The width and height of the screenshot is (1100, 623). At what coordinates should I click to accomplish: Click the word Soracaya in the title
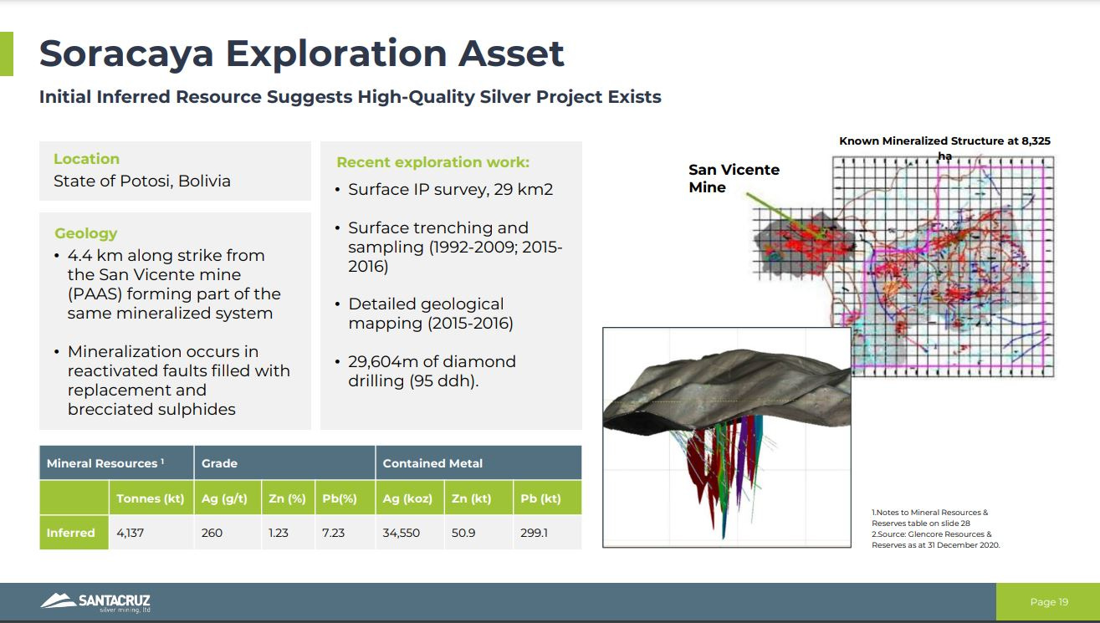point(126,54)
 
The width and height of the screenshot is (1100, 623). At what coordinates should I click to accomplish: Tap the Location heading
point(86,159)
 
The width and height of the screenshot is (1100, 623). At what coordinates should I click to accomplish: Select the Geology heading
point(86,233)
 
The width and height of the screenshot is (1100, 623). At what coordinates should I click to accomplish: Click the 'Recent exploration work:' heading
point(432,162)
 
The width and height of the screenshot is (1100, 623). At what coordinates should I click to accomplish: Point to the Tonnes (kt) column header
point(151,498)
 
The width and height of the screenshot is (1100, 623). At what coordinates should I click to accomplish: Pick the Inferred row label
point(71,533)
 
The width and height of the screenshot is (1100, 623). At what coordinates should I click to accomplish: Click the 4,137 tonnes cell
point(130,533)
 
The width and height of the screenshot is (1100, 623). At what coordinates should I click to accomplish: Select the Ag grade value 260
point(212,533)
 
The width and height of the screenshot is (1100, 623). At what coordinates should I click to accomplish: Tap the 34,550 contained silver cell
point(402,533)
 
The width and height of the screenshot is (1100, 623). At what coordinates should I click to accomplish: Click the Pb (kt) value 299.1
point(534,533)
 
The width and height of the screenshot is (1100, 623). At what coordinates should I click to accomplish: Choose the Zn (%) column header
point(287,498)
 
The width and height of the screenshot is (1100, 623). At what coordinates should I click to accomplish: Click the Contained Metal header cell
point(432,463)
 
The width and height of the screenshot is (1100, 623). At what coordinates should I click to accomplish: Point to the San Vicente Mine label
point(734,178)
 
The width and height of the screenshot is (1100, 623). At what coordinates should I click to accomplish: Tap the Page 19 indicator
point(1049,602)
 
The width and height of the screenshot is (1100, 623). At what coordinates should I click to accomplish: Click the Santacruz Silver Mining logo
point(95,602)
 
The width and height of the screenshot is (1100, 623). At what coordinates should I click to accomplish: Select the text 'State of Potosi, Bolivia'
point(142,181)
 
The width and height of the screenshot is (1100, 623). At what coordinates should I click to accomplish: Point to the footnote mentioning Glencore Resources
point(935,539)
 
